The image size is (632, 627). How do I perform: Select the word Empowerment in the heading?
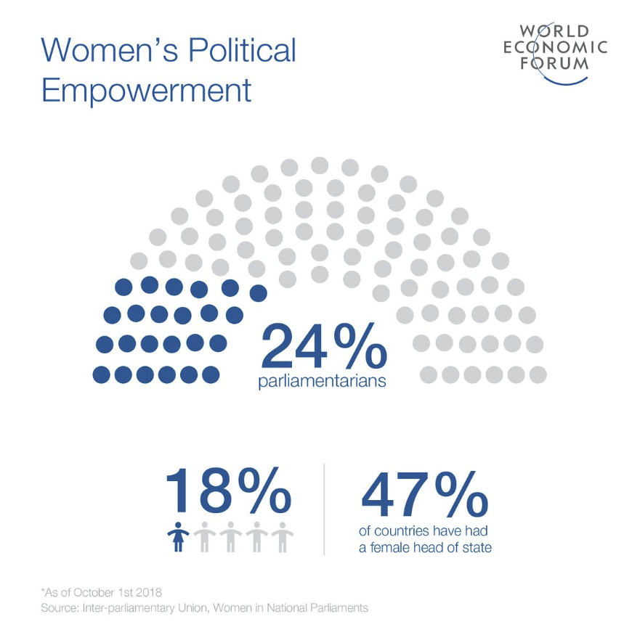pos(146,91)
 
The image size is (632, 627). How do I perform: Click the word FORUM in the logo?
pos(554,63)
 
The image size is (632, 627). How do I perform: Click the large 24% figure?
pos(323,346)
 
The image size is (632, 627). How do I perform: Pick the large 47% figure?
pos(424,493)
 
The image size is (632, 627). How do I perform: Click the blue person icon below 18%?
pos(177,537)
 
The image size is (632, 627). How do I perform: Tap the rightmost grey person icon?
pos(282,537)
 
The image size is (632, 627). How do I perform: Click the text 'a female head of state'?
pos(425,547)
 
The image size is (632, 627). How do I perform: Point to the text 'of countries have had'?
pos(424,530)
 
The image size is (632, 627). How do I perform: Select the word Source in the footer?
pos(60,607)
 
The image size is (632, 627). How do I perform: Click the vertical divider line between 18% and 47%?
pos(324,508)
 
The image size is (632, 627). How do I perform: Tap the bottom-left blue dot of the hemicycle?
pos(102,374)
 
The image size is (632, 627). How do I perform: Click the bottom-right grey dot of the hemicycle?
pos(538,374)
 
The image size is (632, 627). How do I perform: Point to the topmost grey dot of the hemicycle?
pos(320,165)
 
